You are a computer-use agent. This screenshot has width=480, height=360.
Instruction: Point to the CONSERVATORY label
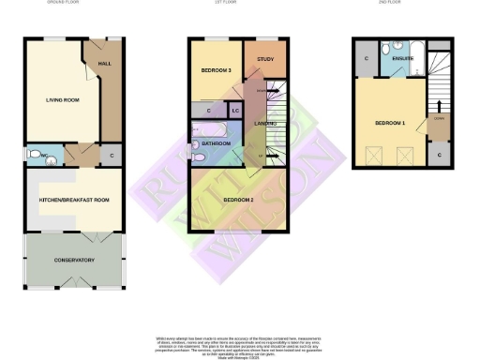click(74, 261)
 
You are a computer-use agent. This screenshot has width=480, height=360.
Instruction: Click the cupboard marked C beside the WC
click(112, 156)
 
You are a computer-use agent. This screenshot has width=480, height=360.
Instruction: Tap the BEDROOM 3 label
click(216, 71)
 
